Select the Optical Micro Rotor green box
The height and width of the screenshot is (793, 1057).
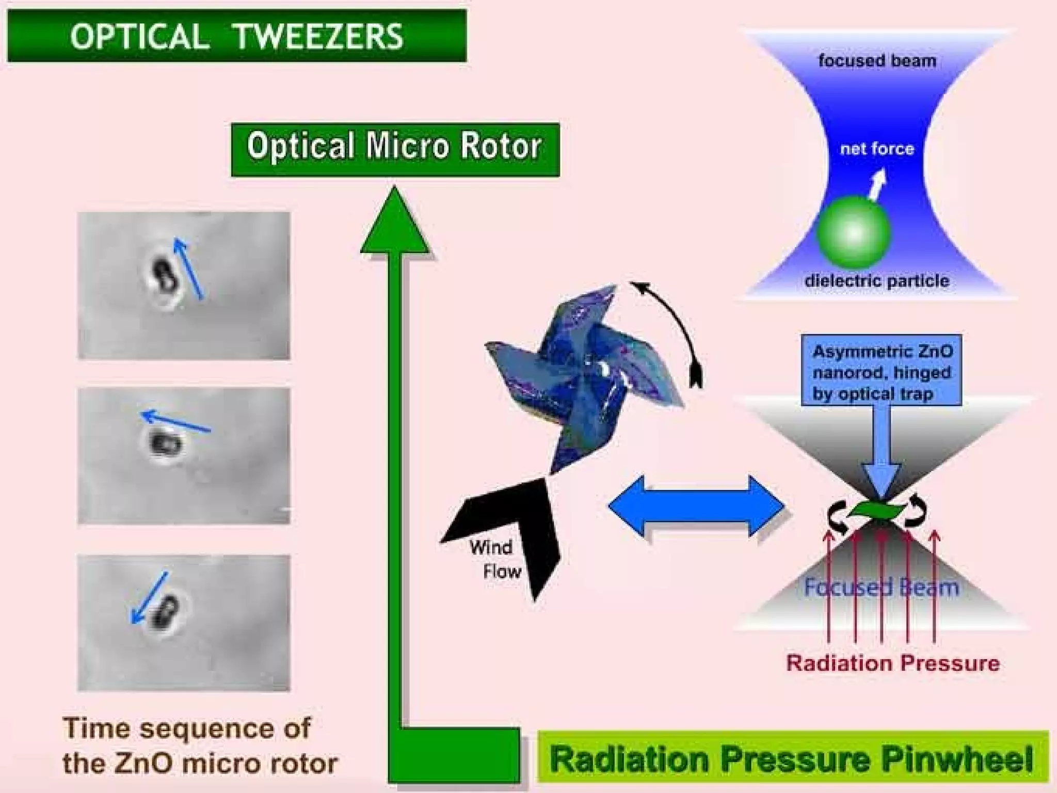[395, 149]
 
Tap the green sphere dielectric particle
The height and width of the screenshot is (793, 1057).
[854, 233]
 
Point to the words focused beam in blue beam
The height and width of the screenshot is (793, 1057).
[877, 61]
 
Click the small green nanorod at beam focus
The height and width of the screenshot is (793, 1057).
[877, 510]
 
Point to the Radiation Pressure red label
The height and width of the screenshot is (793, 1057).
[892, 663]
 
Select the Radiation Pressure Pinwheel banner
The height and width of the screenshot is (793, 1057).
[792, 759]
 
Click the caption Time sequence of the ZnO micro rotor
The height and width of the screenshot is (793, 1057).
[199, 746]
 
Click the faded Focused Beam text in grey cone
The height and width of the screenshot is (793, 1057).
[881, 588]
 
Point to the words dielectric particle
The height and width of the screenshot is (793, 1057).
[877, 281]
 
